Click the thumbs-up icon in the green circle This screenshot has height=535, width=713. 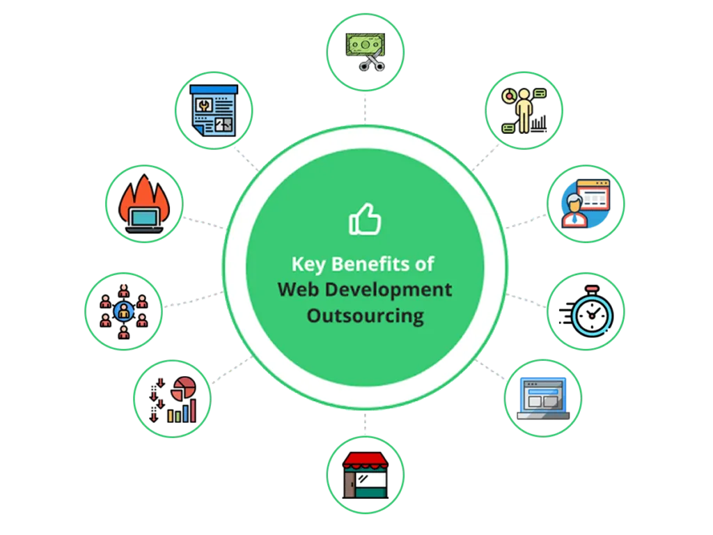pos(365,219)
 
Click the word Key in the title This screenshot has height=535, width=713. pos(308,264)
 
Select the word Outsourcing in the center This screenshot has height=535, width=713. pos(365,316)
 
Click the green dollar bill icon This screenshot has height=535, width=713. pos(365,45)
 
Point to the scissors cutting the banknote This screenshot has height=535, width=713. pos(372,61)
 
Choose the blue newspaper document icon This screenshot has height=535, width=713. pos(214,111)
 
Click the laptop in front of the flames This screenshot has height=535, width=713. pos(144,220)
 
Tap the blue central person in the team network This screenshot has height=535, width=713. pos(124,311)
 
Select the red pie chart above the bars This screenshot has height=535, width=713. pos(184,388)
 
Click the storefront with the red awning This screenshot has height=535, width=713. pos(365,475)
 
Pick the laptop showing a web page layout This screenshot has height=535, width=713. pos(543,398)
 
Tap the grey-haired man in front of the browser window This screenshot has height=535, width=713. pos(574,210)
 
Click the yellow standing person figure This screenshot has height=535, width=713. pos(524,111)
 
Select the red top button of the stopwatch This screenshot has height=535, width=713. pos(592,289)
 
